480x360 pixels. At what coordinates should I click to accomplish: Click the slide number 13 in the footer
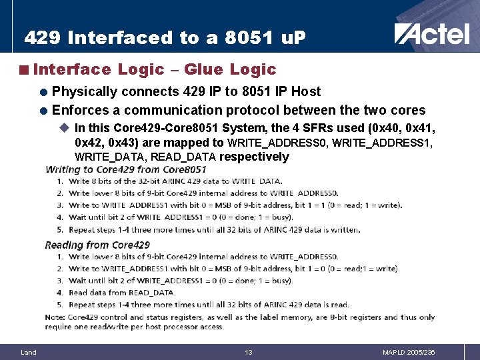(248, 352)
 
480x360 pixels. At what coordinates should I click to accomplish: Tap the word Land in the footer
(29, 352)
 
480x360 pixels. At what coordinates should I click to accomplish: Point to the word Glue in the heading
(205, 69)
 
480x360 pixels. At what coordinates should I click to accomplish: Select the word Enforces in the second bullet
(85, 109)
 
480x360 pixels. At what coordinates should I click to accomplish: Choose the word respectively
(254, 157)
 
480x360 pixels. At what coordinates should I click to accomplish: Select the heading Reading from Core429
(97, 245)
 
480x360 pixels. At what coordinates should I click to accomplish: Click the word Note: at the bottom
(56, 317)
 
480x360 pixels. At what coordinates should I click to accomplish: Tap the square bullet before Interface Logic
(24, 70)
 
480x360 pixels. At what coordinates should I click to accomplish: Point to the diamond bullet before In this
(65, 127)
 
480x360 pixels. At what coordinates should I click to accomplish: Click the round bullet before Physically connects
(44, 92)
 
